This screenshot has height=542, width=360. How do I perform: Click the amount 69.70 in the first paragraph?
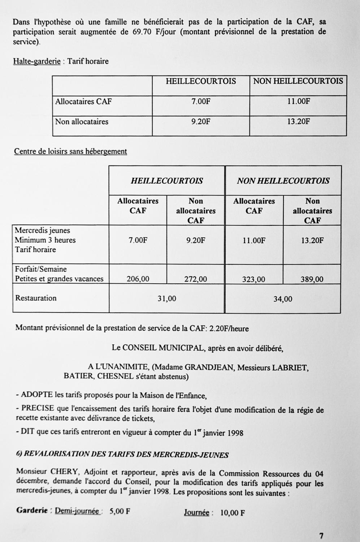click(x=141, y=32)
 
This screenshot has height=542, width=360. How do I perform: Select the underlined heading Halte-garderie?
click(x=37, y=61)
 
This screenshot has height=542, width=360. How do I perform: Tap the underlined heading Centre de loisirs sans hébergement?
click(x=70, y=151)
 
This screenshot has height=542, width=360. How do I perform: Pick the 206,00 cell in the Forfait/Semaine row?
click(x=138, y=279)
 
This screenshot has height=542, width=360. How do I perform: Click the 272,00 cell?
click(x=196, y=279)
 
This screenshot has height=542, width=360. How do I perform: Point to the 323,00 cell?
click(x=254, y=279)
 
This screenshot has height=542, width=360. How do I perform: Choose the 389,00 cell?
click(x=312, y=279)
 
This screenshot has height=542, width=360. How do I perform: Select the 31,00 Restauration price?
click(x=167, y=298)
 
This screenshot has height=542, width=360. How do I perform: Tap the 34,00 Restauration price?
click(x=283, y=299)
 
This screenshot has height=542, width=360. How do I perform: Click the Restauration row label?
click(x=36, y=298)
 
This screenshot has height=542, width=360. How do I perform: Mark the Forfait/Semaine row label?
click(x=41, y=269)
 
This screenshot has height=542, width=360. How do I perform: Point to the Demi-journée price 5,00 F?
click(x=120, y=512)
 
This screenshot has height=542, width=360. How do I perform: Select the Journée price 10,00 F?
click(x=233, y=513)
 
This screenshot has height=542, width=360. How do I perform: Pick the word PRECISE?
click(x=38, y=408)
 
